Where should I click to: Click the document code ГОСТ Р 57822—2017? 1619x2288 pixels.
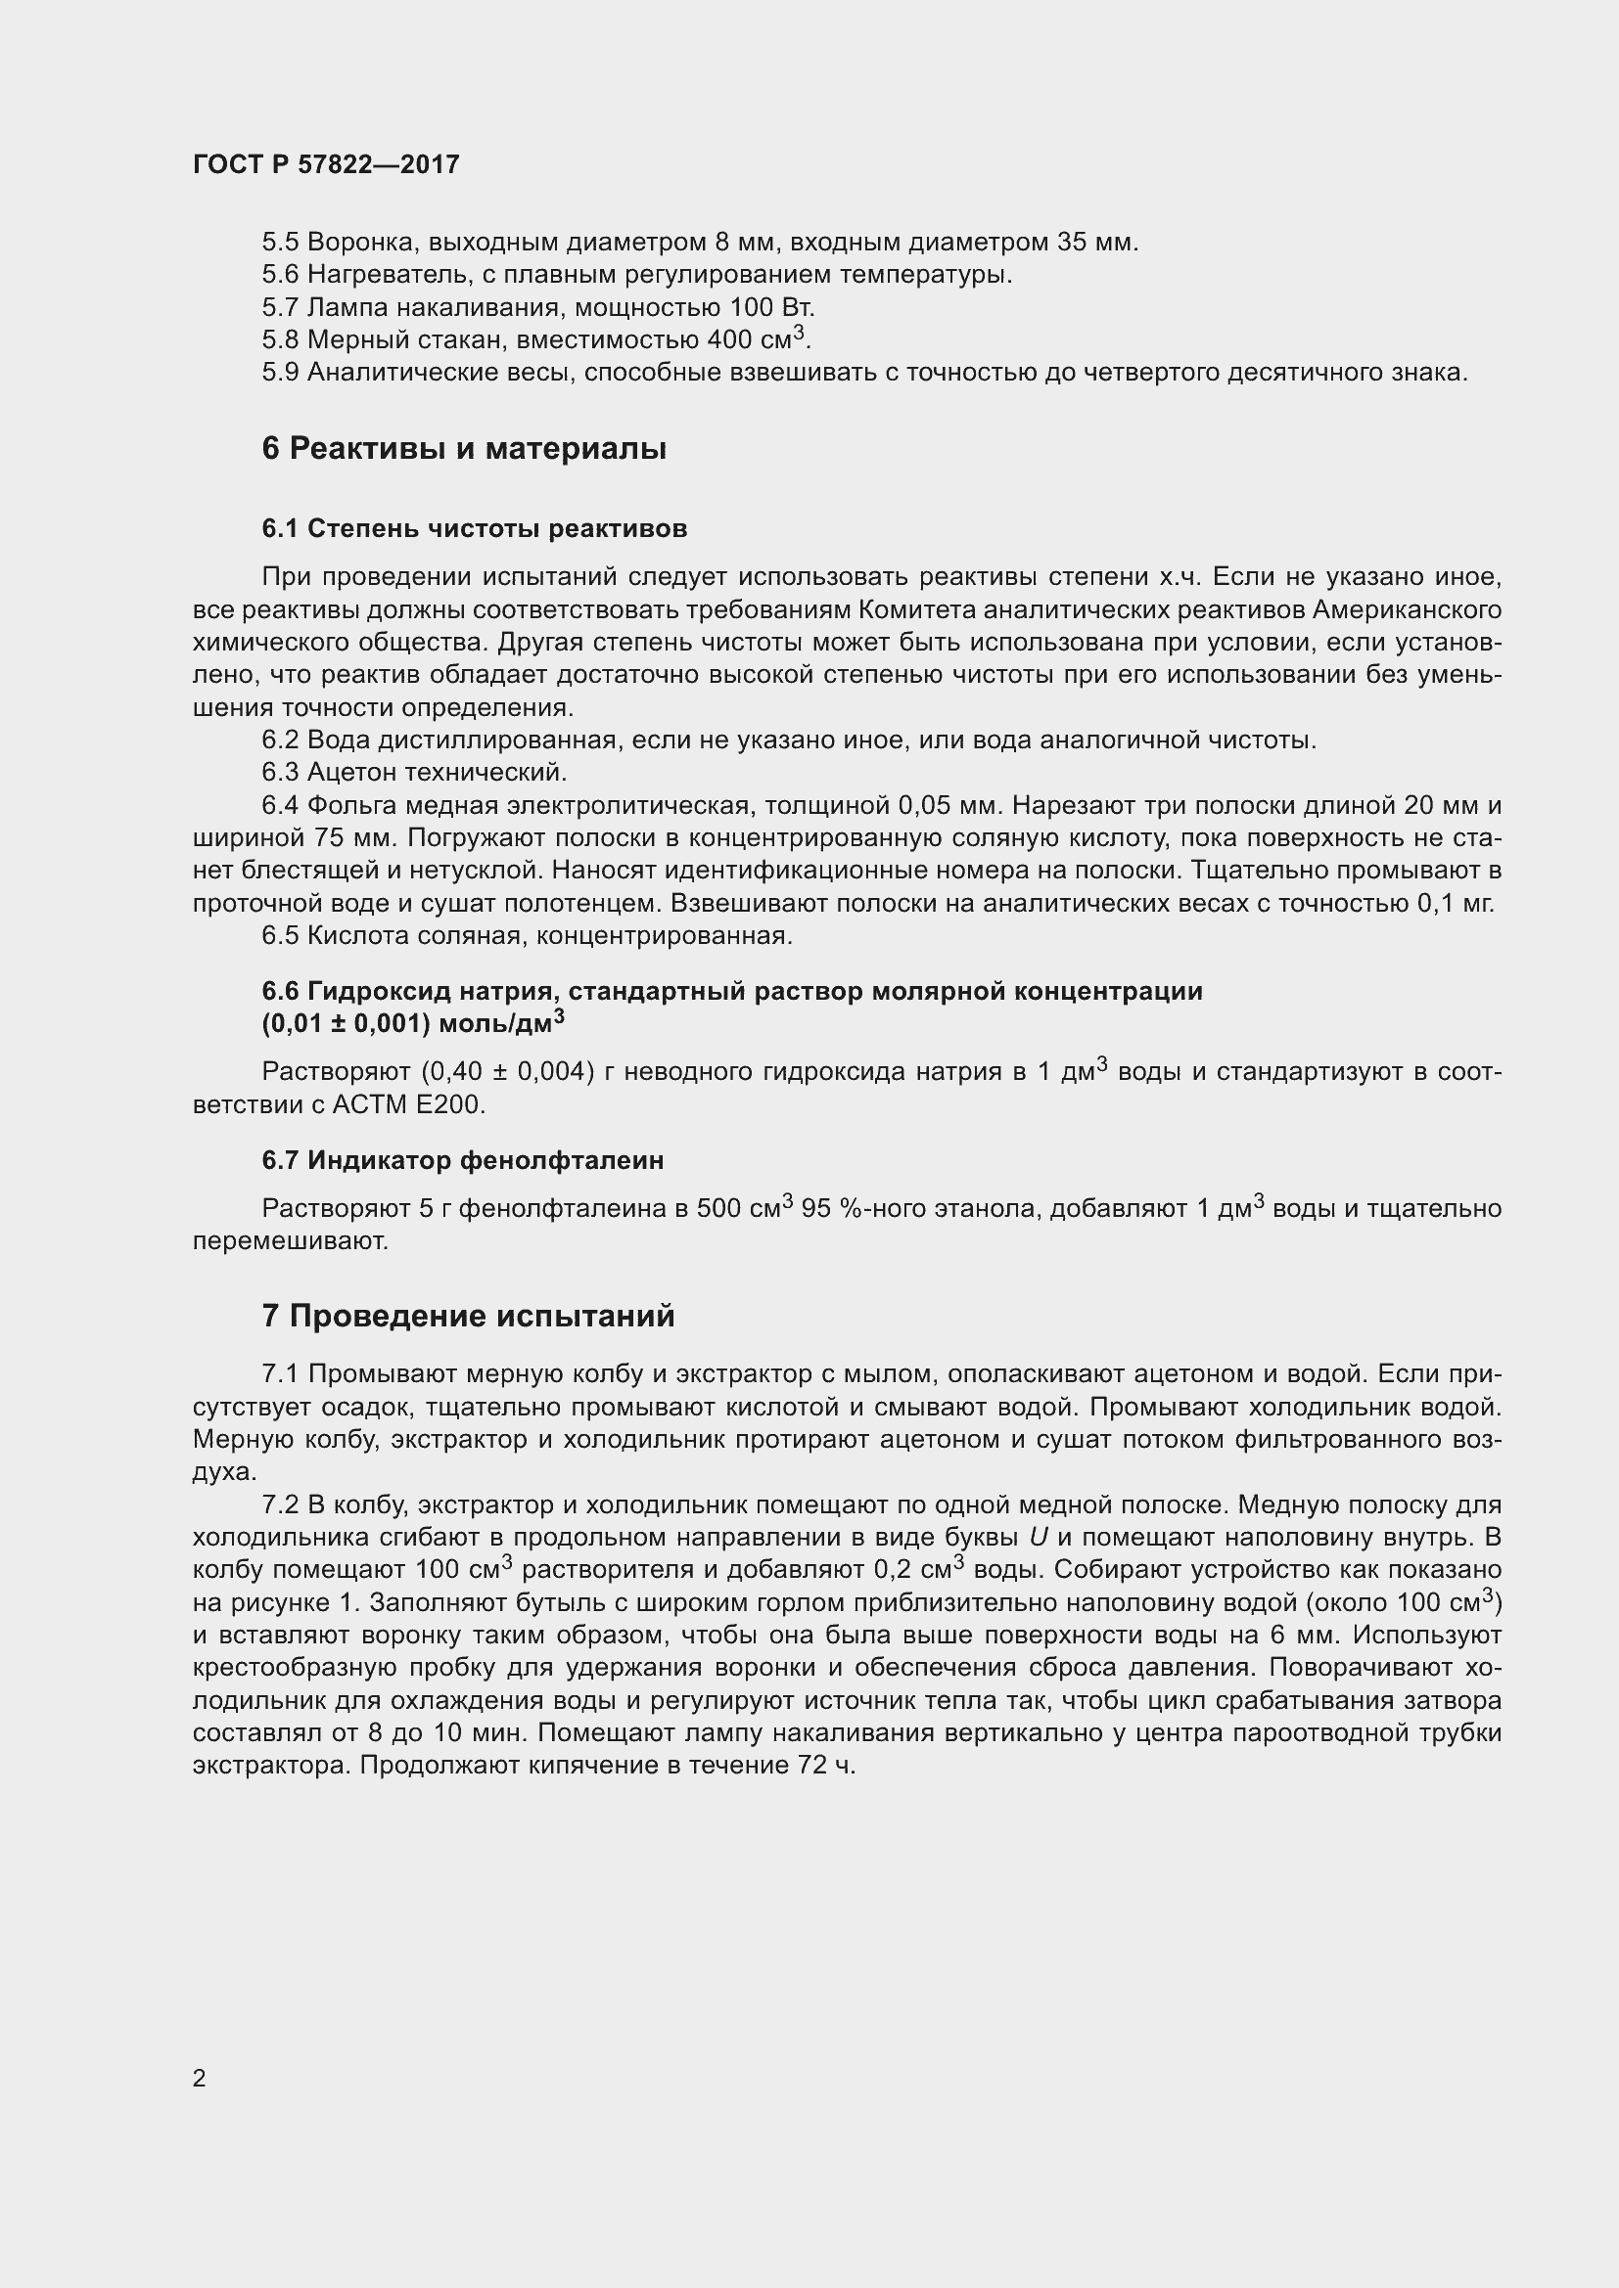(326, 164)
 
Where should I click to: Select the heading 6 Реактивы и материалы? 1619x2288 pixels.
(464, 448)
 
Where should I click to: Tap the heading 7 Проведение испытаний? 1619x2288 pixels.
(468, 1316)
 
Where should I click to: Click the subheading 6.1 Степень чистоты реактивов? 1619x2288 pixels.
(475, 528)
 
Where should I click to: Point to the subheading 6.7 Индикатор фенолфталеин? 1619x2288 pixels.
(463, 1160)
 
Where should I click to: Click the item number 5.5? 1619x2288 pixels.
(280, 243)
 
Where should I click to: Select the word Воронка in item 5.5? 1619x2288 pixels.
(349, 243)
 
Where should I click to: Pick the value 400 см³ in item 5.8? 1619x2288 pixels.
(755, 338)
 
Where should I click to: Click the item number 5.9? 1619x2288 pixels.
(280, 373)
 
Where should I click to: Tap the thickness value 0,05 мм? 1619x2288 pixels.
(948, 805)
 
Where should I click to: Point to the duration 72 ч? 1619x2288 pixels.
(826, 1766)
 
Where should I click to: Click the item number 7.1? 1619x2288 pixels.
(280, 1374)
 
